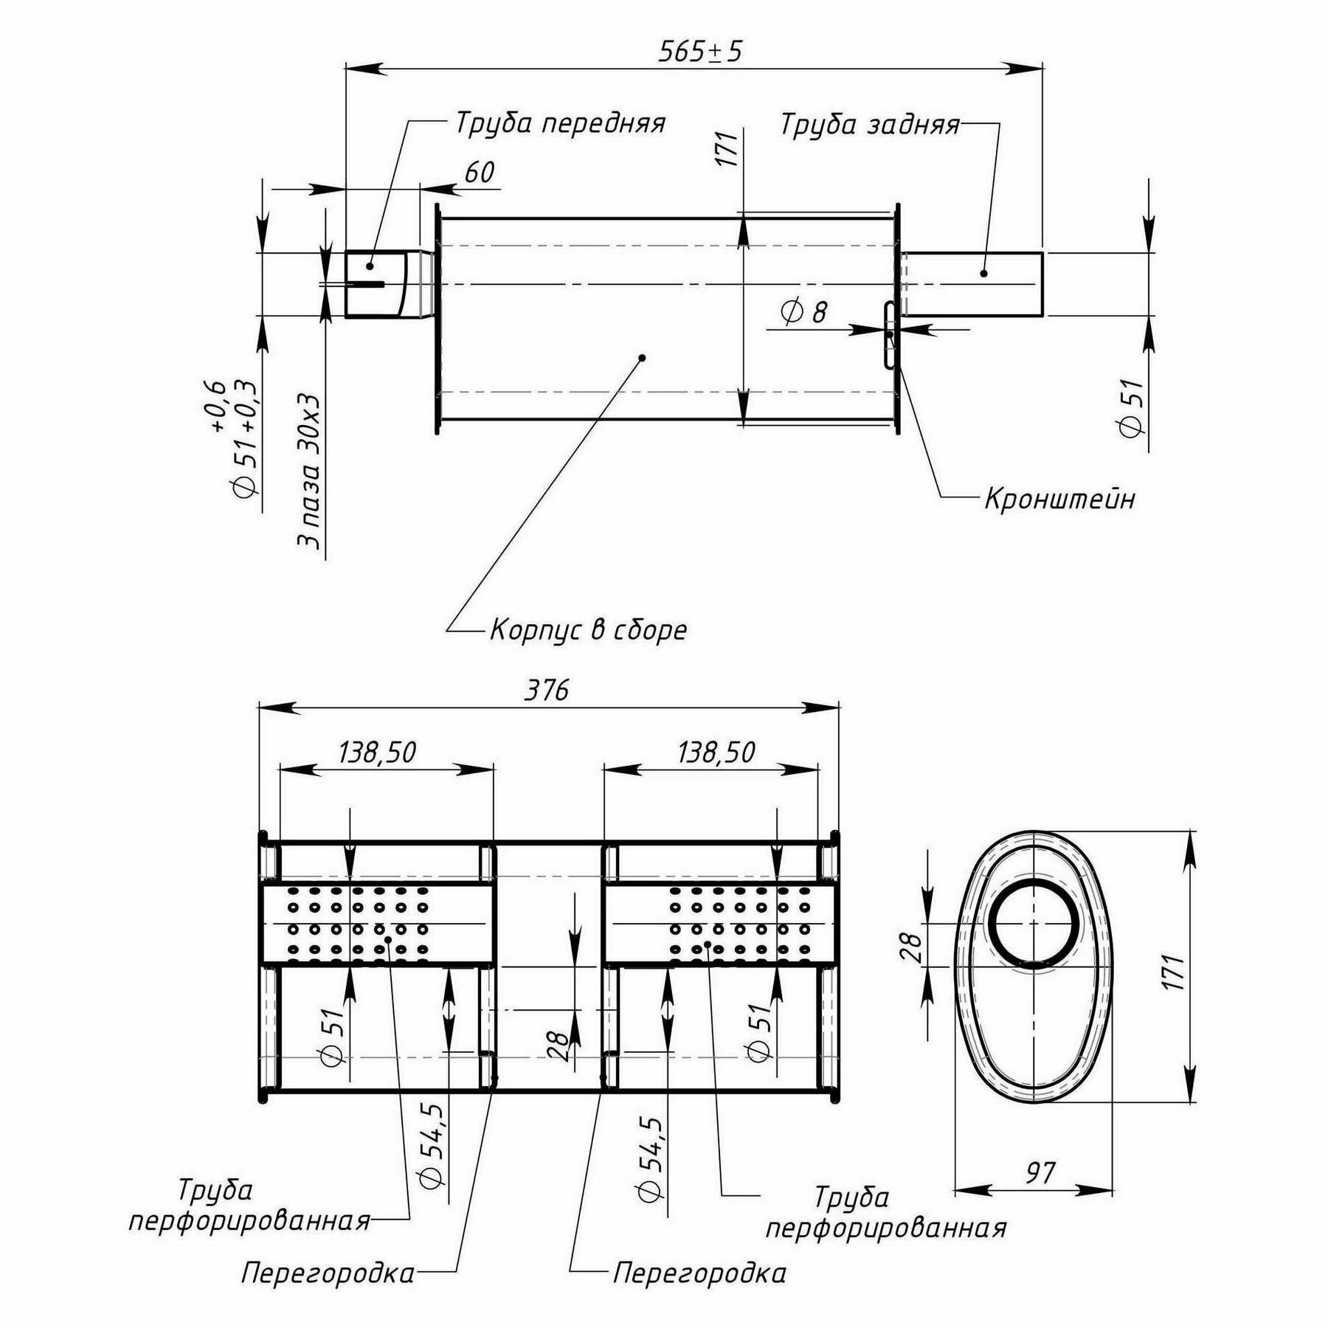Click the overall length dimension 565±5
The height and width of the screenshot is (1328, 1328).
(699, 52)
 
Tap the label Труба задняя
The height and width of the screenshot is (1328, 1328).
(870, 125)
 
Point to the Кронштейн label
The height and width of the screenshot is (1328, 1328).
(1059, 499)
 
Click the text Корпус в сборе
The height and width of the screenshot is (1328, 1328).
(589, 630)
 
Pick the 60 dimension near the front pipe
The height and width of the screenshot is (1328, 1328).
(479, 173)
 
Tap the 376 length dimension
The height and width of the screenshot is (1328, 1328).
(547, 691)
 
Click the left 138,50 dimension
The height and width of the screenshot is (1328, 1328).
(377, 753)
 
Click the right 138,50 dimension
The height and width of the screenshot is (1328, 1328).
(716, 753)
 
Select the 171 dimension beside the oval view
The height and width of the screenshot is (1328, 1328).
(1175, 972)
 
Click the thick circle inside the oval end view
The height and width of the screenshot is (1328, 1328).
(1033, 923)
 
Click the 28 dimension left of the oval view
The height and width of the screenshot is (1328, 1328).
(910, 947)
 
